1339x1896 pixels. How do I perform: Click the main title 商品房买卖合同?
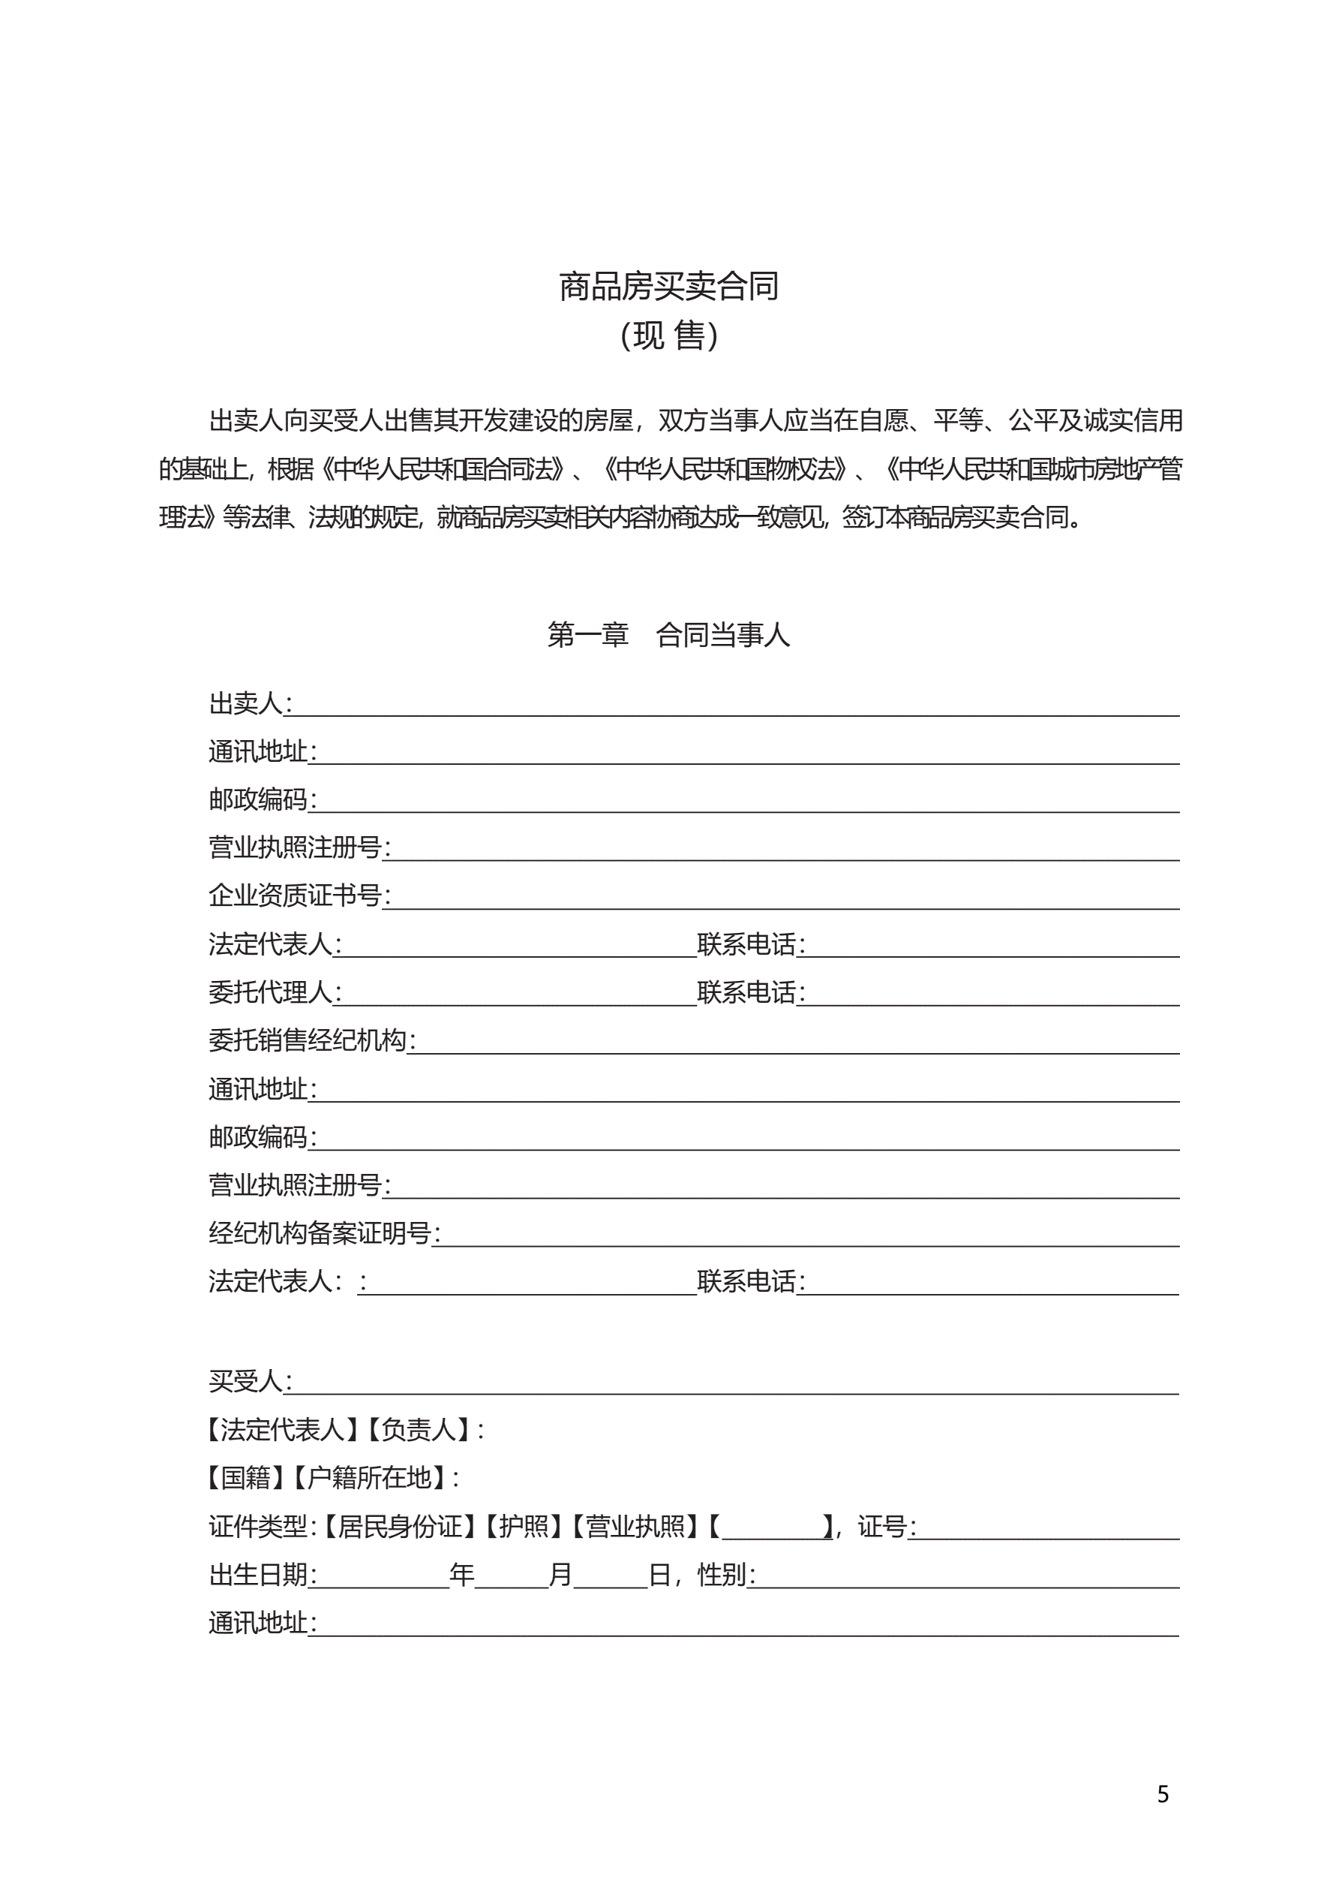coord(668,287)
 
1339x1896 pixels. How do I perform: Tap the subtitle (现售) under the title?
coord(668,336)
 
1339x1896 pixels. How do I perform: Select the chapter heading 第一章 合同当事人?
coord(668,634)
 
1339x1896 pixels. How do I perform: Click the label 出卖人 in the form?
coord(246,703)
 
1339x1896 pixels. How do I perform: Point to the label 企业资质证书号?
coord(295,895)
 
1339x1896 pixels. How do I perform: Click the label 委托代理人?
coord(271,992)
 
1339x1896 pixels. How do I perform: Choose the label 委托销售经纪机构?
coord(307,1040)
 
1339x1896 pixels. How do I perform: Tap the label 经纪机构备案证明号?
coord(320,1233)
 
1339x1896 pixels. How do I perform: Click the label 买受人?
coord(246,1380)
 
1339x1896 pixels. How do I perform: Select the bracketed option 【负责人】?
coord(419,1429)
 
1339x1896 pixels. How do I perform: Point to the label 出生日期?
coord(258,1575)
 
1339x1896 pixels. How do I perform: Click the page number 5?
coord(1162,1794)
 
